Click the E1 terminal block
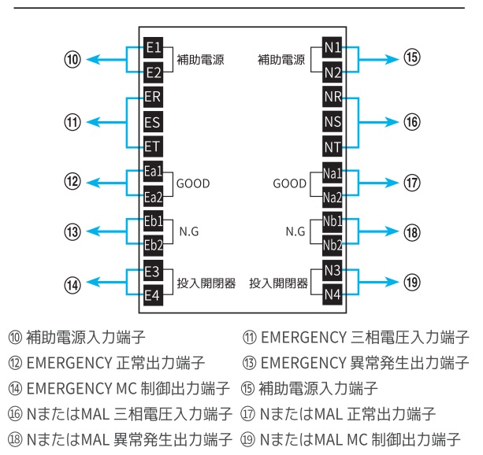pos(154,48)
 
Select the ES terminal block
pos(154,122)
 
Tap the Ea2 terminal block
pos(154,196)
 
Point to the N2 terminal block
pos(333,72)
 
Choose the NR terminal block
pos(333,98)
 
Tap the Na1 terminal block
pos(333,172)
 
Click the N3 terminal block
pos(333,271)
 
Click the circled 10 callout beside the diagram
pos(72,60)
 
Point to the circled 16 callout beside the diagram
pos(412,122)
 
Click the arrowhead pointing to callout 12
pos(91,183)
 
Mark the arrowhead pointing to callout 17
pos(393,183)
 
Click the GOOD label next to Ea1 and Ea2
pos(193,184)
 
